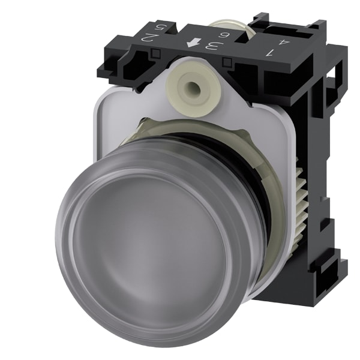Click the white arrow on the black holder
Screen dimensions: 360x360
pyautogui.click(x=193, y=43)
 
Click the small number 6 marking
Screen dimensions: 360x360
pyautogui.click(x=223, y=35)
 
